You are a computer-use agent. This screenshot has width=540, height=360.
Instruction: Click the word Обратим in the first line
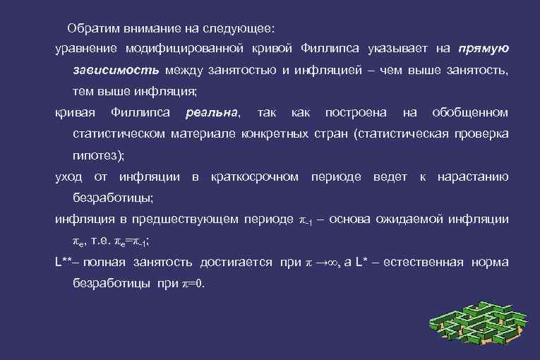tap(90, 28)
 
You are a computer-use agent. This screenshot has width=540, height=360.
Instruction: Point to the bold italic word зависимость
tap(116, 71)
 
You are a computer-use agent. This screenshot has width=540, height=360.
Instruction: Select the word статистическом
tap(119, 134)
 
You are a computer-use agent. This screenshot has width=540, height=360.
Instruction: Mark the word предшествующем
tap(187, 219)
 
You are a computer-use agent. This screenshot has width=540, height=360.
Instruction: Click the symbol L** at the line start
tap(65, 263)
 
